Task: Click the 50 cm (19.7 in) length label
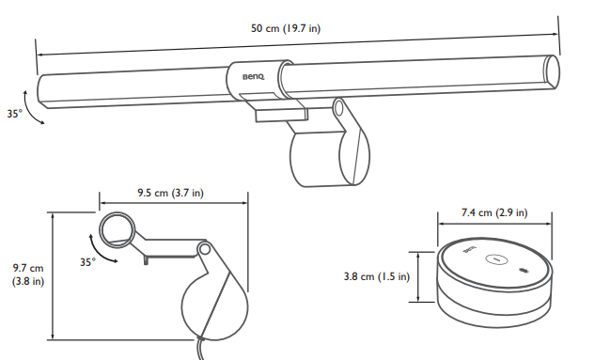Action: (x=286, y=28)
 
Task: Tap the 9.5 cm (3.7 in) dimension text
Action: (x=170, y=193)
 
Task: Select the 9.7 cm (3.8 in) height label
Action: (x=28, y=274)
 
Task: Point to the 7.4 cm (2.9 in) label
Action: (x=494, y=212)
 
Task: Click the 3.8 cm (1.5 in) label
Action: (x=377, y=276)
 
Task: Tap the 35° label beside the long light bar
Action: (x=15, y=114)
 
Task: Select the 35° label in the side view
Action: (x=87, y=262)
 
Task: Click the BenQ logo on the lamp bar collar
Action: (x=254, y=77)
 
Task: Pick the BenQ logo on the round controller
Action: (x=469, y=250)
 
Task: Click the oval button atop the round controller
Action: (x=496, y=259)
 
